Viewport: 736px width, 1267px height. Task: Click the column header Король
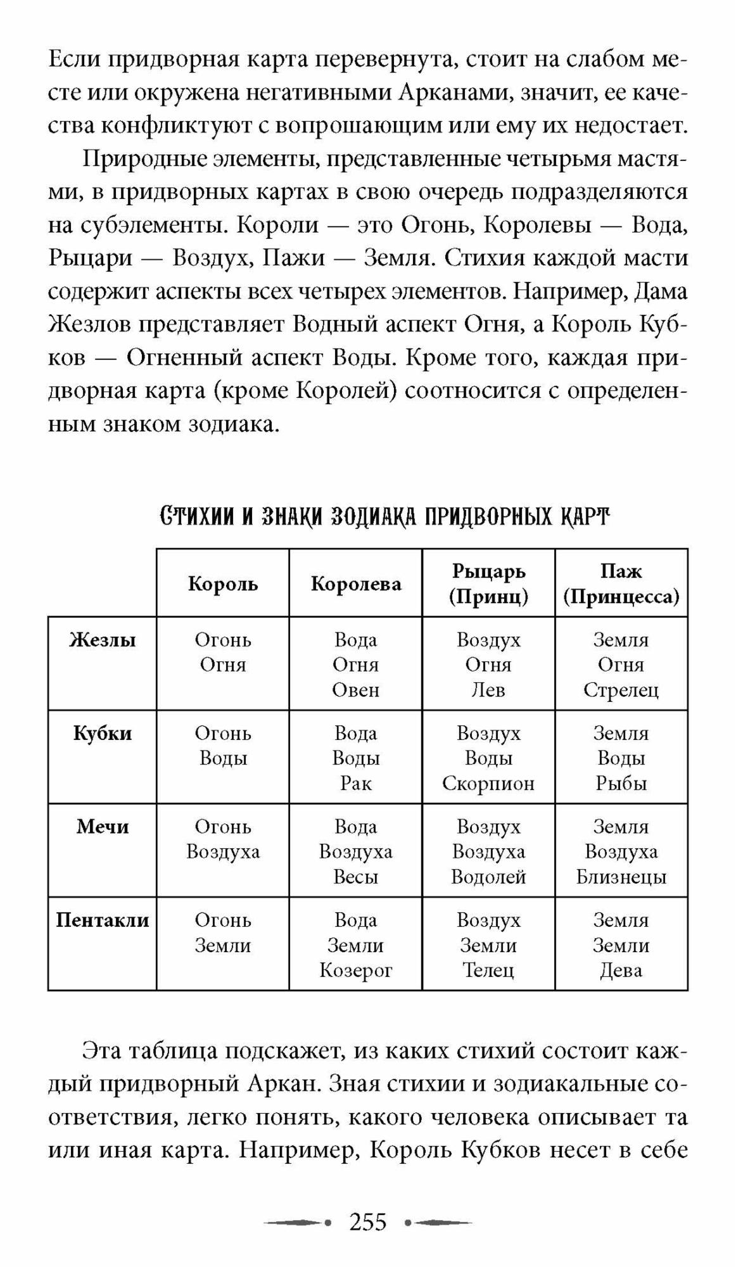click(223, 583)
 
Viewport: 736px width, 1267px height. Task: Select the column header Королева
click(356, 583)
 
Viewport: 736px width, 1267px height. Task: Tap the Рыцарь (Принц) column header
click(488, 583)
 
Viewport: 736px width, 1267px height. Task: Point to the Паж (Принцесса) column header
click(621, 583)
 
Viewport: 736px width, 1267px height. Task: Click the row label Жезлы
click(103, 640)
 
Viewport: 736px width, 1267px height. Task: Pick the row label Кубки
click(103, 734)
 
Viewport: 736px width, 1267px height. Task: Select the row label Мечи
click(103, 827)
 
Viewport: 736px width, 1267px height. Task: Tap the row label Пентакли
click(103, 920)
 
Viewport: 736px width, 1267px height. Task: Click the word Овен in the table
click(356, 690)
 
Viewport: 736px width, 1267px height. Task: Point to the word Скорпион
click(488, 784)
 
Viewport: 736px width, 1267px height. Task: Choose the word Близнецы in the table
click(621, 877)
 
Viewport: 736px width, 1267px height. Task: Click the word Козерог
click(356, 970)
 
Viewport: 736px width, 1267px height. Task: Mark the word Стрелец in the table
click(621, 690)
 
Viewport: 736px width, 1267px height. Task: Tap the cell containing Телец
click(488, 944)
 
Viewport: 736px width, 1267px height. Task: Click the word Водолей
click(488, 877)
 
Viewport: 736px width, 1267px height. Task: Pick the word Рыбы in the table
click(621, 784)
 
